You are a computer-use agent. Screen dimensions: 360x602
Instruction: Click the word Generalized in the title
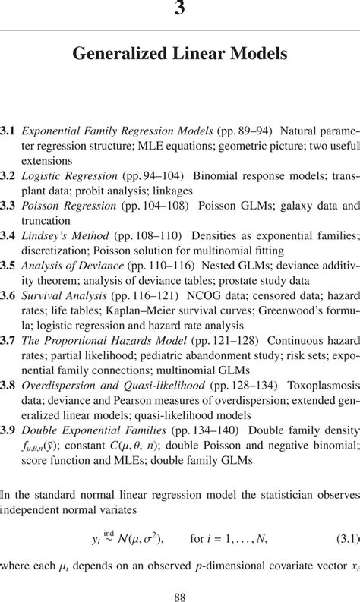point(116,54)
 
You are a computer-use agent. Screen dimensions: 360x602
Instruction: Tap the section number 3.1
point(8,131)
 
